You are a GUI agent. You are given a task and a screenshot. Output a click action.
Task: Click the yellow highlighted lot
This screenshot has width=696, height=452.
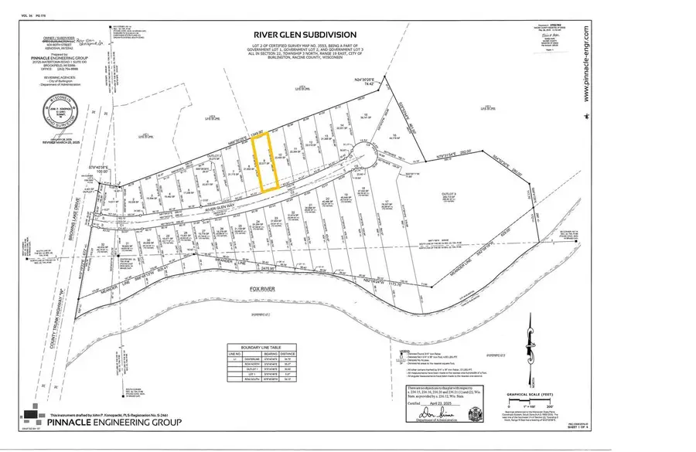(267, 161)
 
